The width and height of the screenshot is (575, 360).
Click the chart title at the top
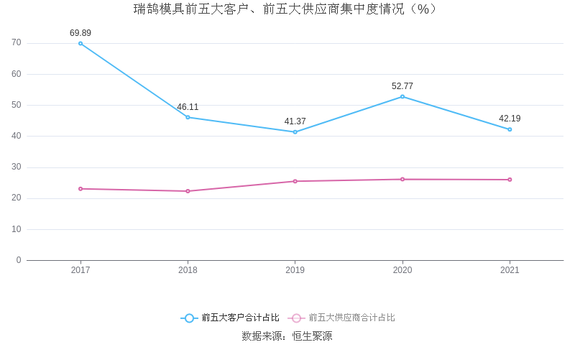tap(286, 9)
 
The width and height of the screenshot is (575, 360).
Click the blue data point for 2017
tap(80, 43)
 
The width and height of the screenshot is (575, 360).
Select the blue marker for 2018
tap(188, 117)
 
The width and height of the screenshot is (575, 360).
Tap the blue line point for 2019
tap(295, 132)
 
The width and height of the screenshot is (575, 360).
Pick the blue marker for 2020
tap(402, 96)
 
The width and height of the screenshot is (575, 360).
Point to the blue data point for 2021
tap(510, 129)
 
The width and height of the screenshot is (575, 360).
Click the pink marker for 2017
tap(80, 189)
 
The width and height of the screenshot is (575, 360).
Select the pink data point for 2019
tap(295, 181)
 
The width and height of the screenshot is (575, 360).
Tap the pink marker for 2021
tap(510, 180)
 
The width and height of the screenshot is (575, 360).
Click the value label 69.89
tap(80, 33)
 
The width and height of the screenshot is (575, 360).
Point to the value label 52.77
tap(402, 86)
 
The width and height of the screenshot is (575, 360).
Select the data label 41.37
tap(295, 121)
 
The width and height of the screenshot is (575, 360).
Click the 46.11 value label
tap(188, 107)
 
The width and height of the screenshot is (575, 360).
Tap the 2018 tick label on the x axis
tap(188, 270)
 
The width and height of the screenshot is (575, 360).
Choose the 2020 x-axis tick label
tap(402, 270)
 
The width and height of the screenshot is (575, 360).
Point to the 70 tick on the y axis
tap(17, 43)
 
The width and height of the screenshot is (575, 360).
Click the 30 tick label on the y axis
tap(17, 167)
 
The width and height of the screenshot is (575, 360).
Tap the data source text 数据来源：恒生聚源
tap(287, 336)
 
